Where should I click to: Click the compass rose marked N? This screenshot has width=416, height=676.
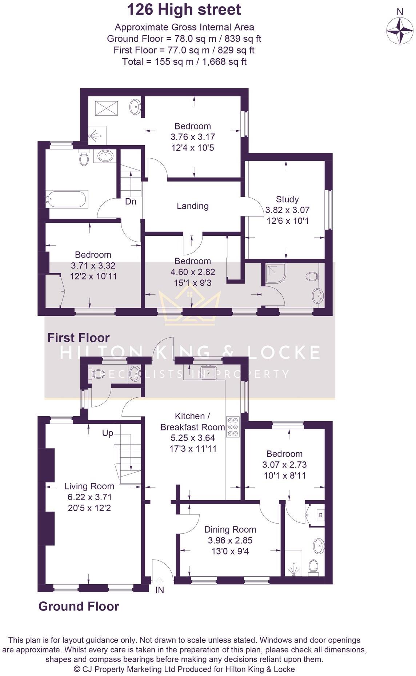pos(400,31)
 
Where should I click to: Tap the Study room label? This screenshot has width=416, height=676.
pos(287,199)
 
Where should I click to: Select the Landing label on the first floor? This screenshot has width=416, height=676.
pos(192,206)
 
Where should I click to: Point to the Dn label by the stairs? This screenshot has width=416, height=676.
pos(131,201)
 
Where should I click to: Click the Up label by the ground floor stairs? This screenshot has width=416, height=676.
pos(108,433)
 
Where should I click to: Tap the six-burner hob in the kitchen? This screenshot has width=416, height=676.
pos(232,426)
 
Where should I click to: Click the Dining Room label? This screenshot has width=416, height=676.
pos(230,530)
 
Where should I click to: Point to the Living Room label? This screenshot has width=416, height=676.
pos(89,486)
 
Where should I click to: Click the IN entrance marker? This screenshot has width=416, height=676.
pos(160,590)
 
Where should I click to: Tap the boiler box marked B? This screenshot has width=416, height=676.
pos(320,515)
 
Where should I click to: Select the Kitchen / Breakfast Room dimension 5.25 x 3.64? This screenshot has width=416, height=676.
pos(192,438)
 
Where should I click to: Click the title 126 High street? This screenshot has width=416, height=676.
pos(184,9)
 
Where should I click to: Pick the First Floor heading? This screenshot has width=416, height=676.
pos(79,338)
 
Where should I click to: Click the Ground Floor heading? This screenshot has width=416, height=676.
pos(79,607)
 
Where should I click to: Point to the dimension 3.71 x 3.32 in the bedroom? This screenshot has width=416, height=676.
pos(93,266)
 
